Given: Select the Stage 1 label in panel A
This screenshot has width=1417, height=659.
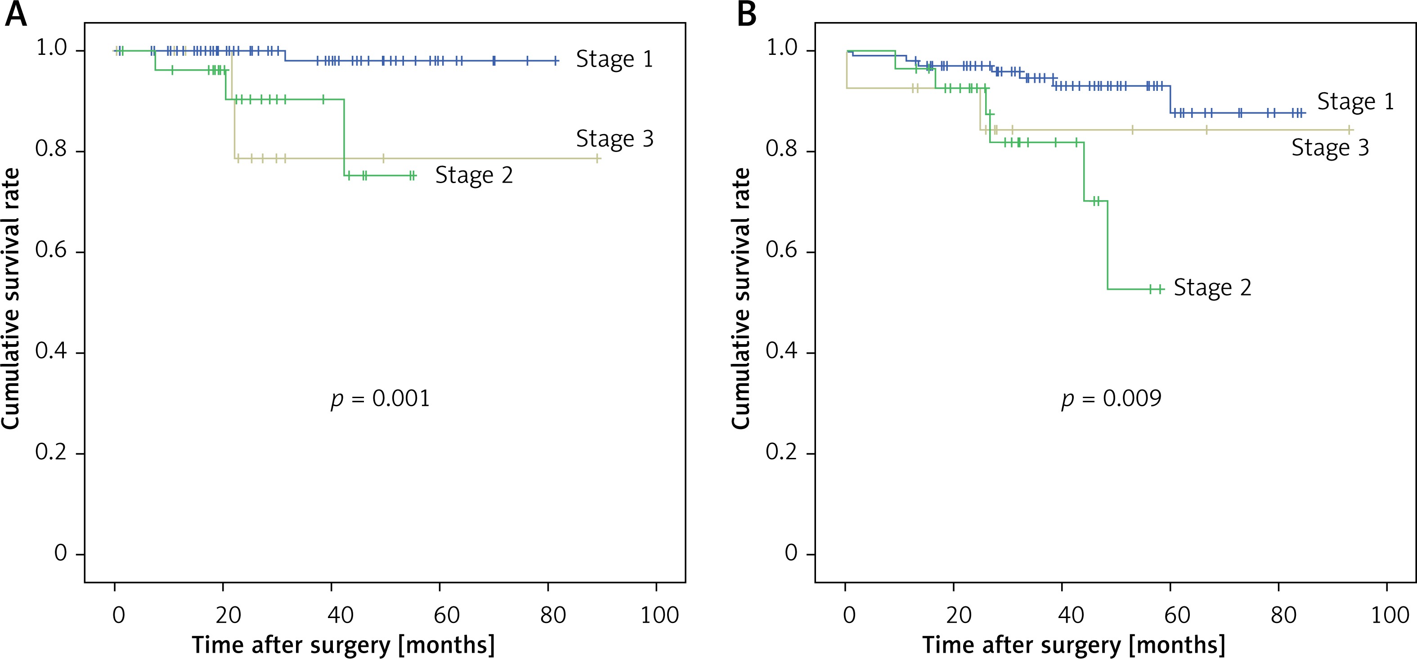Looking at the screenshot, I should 614,59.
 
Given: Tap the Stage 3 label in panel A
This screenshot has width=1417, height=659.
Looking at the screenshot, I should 614,139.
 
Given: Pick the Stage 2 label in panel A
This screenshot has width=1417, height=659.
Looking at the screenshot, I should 474,175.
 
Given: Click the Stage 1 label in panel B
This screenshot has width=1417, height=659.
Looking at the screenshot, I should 1355,102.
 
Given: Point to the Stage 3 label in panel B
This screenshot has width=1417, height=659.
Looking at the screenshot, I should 1330,148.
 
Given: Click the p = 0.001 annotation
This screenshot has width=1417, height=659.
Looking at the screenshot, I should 380,399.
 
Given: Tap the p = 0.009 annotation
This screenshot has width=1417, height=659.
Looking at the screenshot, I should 1111,399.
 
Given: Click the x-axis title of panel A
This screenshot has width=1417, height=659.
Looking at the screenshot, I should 343,645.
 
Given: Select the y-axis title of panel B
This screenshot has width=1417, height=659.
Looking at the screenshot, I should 740,298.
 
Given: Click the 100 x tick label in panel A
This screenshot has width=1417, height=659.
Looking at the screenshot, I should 659,614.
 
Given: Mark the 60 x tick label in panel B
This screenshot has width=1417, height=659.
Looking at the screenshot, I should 1177,614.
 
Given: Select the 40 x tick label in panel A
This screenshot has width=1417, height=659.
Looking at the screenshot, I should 340,614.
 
